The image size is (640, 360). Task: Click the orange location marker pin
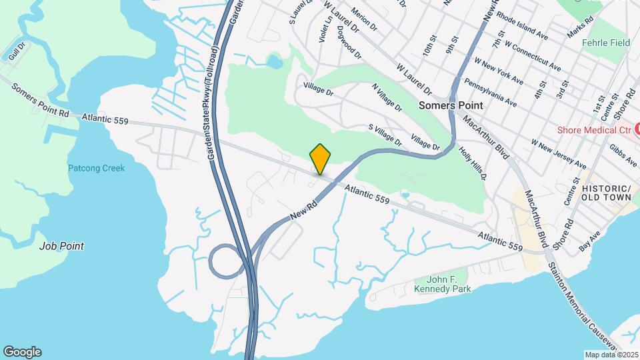coord(321,159)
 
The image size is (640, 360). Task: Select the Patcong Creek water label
coord(96,168)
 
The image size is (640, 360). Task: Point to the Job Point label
coord(61,246)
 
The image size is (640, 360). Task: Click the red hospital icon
coord(637,127)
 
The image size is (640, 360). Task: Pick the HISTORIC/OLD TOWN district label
coord(606,193)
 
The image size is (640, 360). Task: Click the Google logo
coord(22,351)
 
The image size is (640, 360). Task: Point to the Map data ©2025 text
coord(611,354)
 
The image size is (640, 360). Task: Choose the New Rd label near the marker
coord(303,209)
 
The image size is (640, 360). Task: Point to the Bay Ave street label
coord(589,240)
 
